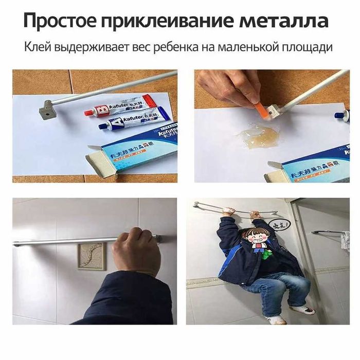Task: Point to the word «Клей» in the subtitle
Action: pos(37,48)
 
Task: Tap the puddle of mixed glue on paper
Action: pos(257,137)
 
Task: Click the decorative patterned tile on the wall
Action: pos(92,256)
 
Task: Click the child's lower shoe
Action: pos(277,319)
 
